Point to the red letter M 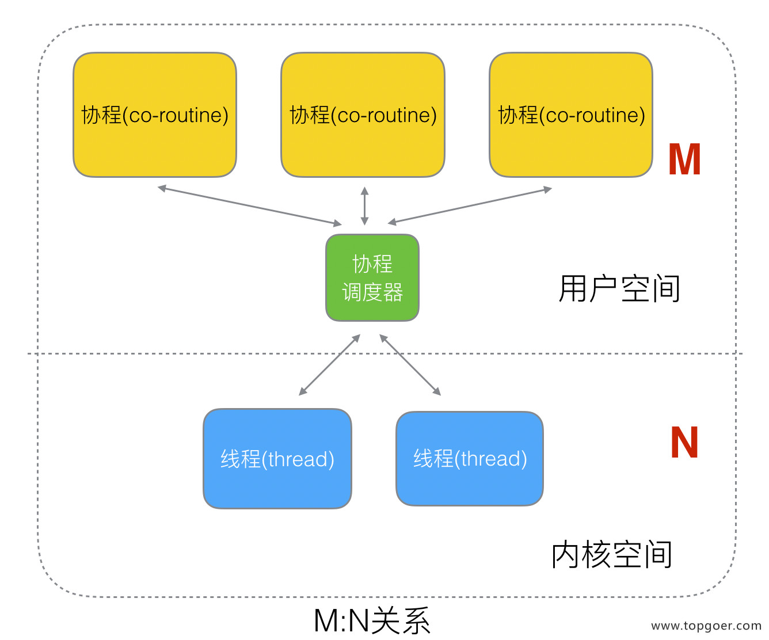(684, 160)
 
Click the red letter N (684, 443)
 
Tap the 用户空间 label (619, 289)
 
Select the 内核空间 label (612, 555)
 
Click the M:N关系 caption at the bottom (372, 621)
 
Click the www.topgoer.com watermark (706, 626)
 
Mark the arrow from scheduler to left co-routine (249, 205)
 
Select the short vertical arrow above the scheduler (364, 205)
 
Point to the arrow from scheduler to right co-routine (470, 205)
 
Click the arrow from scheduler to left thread (329, 365)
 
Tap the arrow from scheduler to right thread (410, 365)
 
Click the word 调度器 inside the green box (372, 292)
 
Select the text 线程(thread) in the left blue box (277, 459)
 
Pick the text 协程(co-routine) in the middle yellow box (363, 115)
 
